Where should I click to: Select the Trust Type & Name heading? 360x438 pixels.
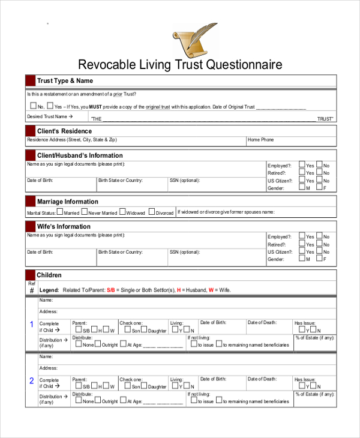(65, 81)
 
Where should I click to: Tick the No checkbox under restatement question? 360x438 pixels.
(33, 106)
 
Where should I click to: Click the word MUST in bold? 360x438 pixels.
(96, 107)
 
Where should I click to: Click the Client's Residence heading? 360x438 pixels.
(64, 131)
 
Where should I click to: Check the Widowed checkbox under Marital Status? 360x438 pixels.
(122, 212)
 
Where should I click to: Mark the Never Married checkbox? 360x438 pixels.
(84, 212)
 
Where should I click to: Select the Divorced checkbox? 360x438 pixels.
(152, 212)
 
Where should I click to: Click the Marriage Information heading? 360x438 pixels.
(67, 202)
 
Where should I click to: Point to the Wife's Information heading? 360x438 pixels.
(64, 226)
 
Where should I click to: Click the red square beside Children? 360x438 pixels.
(30, 275)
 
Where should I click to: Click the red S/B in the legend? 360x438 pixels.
(112, 290)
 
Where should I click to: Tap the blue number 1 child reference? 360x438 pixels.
(32, 325)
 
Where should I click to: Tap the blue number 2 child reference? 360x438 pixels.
(32, 380)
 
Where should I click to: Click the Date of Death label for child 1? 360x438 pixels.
(262, 323)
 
